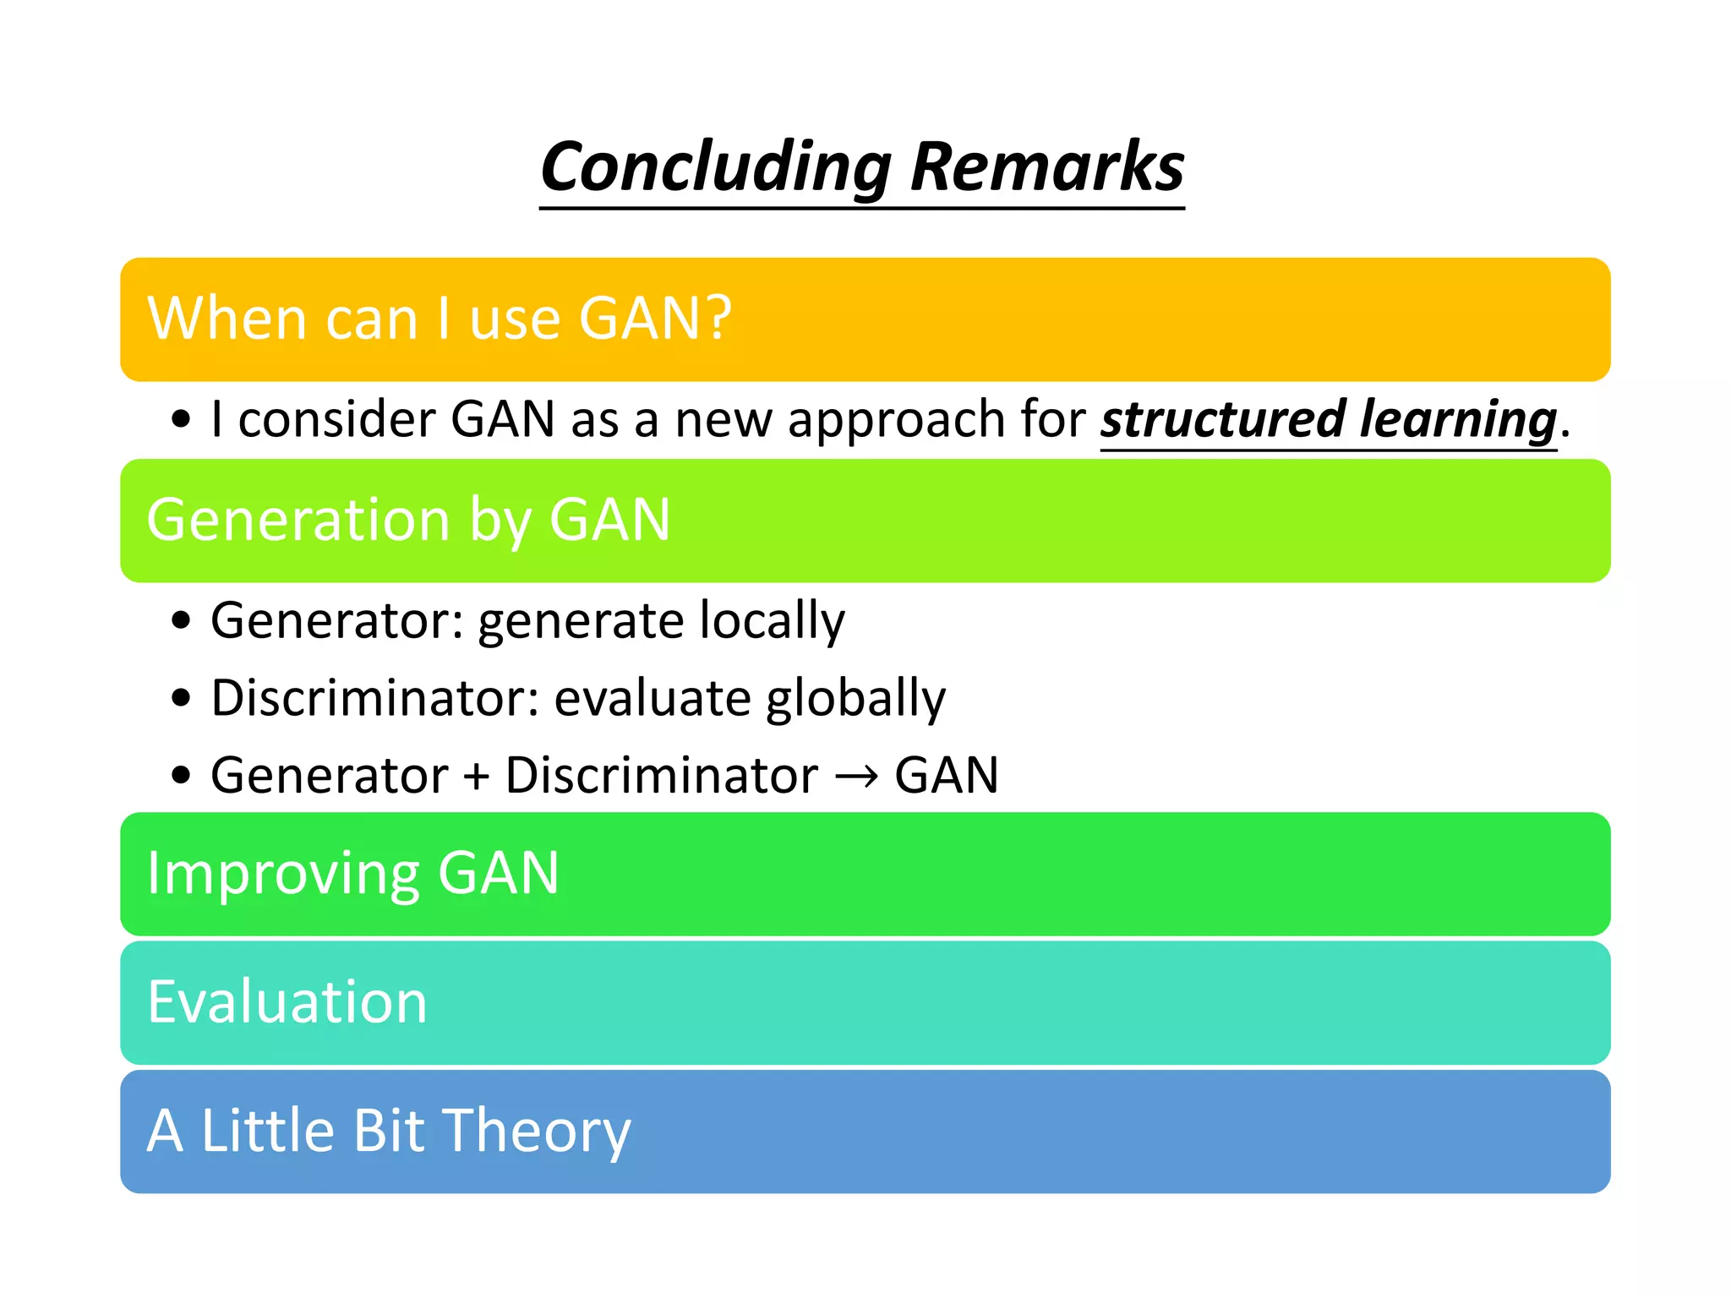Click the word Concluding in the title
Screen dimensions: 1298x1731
click(715, 167)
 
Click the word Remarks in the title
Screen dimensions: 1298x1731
click(1047, 167)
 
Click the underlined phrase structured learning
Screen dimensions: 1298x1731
click(1328, 420)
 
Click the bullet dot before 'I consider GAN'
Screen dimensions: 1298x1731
click(181, 420)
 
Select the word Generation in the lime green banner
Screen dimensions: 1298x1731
click(298, 520)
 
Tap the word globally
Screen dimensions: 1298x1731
click(855, 699)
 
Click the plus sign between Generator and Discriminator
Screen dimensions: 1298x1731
click(477, 777)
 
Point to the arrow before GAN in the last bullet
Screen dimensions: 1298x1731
click(856, 777)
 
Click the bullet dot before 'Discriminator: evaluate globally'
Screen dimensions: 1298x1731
click(181, 699)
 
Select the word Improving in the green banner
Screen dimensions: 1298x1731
click(282, 874)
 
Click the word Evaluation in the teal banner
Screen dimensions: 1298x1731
click(287, 1002)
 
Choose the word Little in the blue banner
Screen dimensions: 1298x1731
click(269, 1131)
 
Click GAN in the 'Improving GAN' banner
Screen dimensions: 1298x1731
click(499, 874)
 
